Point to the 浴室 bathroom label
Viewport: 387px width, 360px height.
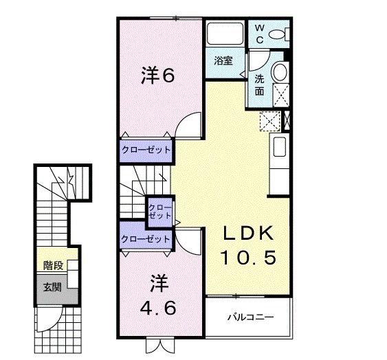pyautogui.click(x=223, y=60)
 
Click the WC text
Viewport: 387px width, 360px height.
pyautogui.click(x=259, y=34)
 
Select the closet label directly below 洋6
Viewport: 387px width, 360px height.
pyautogui.click(x=146, y=150)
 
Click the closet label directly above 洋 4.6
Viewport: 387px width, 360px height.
pyautogui.click(x=145, y=239)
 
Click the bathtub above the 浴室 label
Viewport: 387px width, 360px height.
pyautogui.click(x=223, y=35)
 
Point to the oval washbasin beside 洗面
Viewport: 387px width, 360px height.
pyautogui.click(x=279, y=72)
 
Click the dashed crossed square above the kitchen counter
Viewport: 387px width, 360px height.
pyautogui.click(x=268, y=120)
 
